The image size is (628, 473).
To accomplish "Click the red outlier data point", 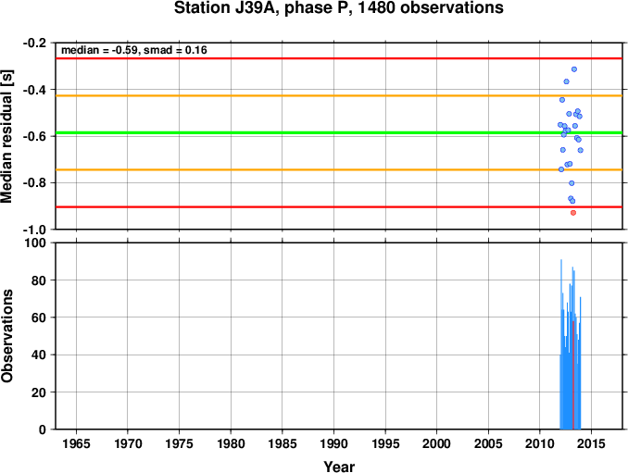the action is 573,213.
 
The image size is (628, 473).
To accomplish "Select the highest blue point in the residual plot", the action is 574,69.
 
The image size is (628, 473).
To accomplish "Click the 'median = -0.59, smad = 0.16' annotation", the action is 134,50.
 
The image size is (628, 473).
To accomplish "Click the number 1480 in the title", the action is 376,7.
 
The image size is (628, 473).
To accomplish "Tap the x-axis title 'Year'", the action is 339,467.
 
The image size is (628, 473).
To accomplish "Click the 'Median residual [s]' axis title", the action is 6,136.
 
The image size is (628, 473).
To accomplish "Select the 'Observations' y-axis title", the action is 6,336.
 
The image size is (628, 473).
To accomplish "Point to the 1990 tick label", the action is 333,443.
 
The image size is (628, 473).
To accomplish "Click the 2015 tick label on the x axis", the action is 592,443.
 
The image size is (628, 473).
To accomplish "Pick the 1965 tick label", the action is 76,443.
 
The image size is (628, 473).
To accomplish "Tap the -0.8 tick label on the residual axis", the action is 34,183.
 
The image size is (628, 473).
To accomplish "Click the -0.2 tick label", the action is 34,43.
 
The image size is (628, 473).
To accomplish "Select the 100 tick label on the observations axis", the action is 35,243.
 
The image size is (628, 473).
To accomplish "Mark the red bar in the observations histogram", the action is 573,375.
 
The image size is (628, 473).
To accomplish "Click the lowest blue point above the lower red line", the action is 572,201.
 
